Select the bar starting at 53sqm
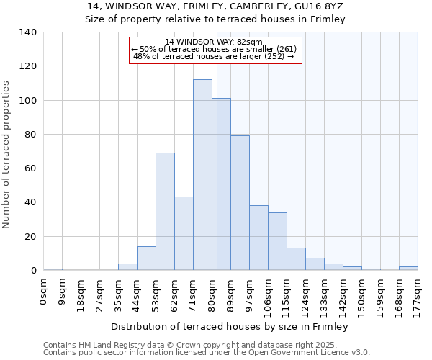pyautogui.click(x=165, y=212)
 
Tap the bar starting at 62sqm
pyautogui.click(x=184, y=233)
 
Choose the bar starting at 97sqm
pyautogui.click(x=258, y=238)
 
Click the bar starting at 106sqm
pyautogui.click(x=277, y=241)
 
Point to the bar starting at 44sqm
pyautogui.click(x=146, y=258)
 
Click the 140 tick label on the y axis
pyautogui.click(x=28, y=32)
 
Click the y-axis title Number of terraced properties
pyautogui.click(x=8, y=155)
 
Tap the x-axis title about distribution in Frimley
pyautogui.click(x=230, y=327)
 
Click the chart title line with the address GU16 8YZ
pyautogui.click(x=215, y=6)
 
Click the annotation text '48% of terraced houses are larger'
pyautogui.click(x=214, y=56)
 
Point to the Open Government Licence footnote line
pyautogui.click(x=207, y=352)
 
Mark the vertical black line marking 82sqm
pyautogui.click(x=217, y=180)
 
